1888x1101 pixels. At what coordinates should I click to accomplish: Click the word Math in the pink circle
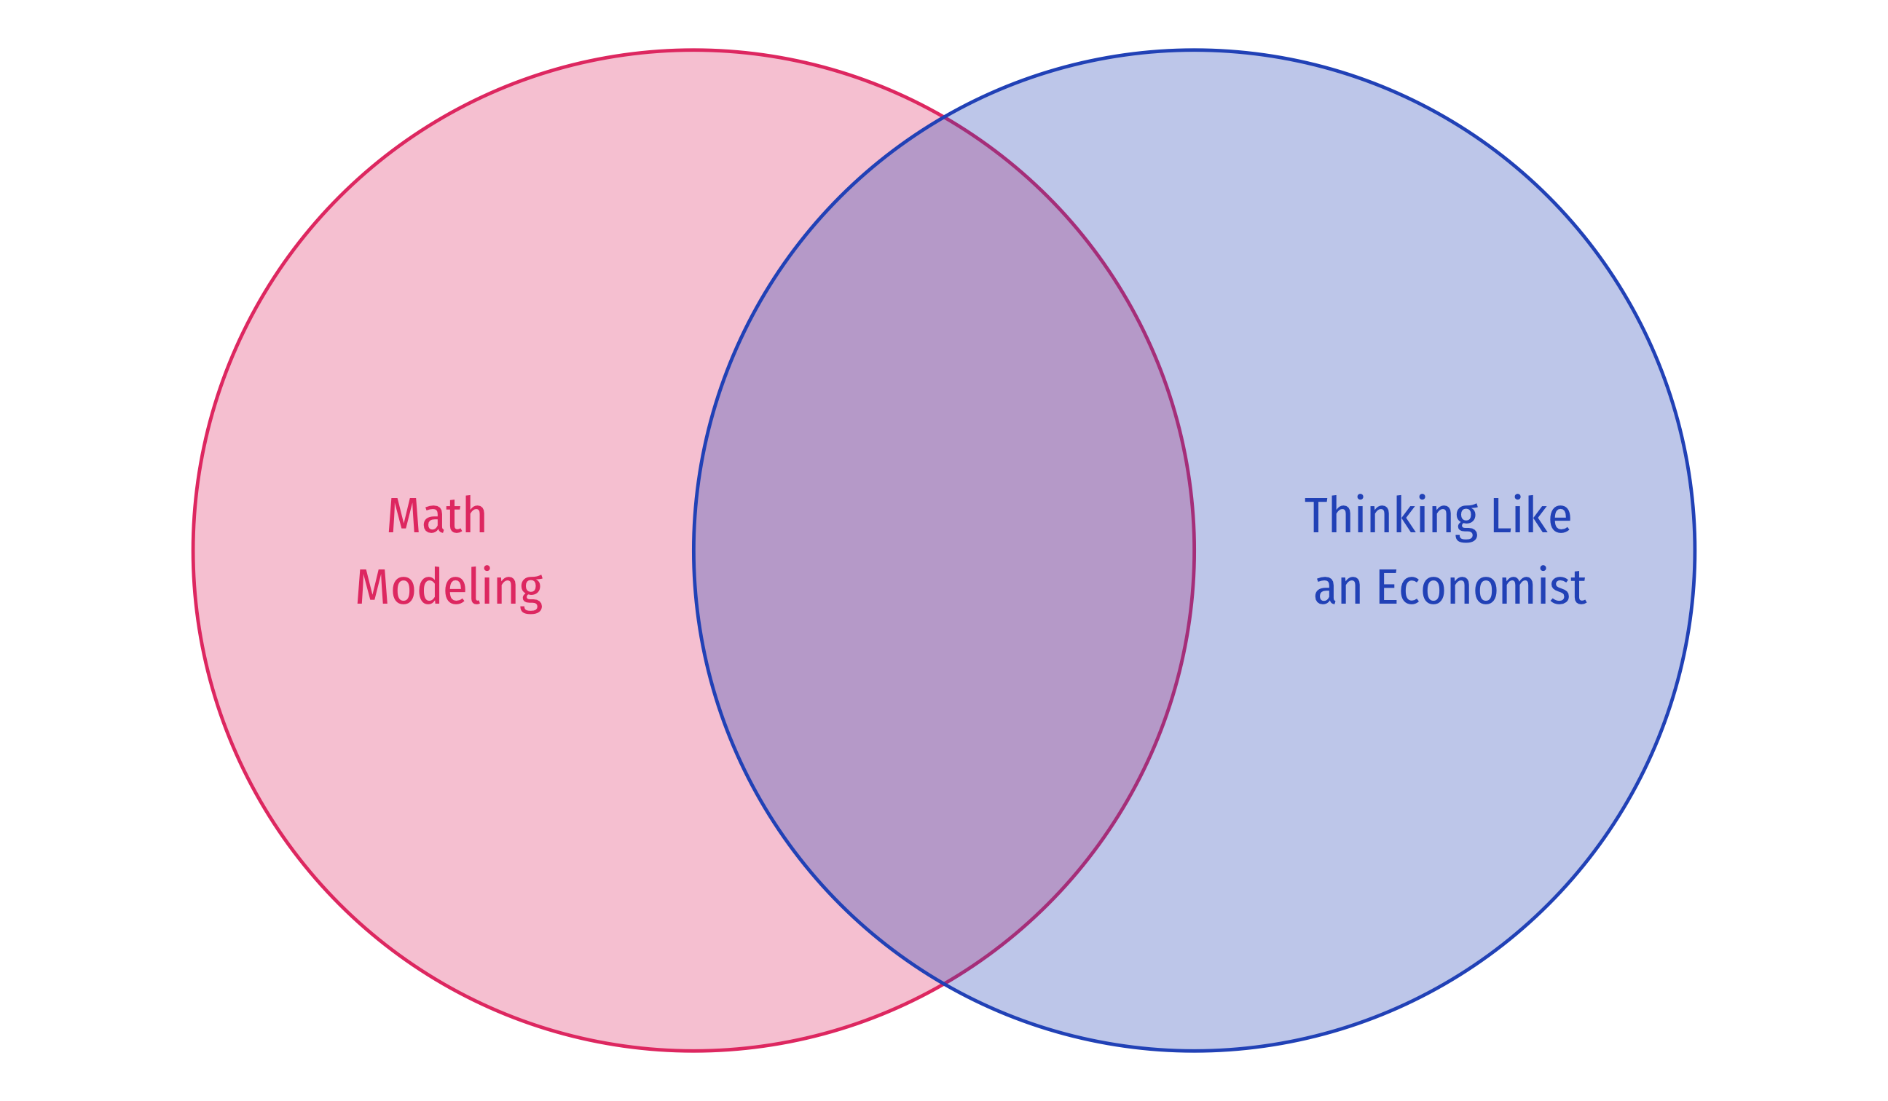click(437, 516)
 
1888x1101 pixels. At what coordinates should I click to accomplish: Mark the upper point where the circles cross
click(944, 117)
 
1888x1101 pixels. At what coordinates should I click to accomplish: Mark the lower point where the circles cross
click(944, 982)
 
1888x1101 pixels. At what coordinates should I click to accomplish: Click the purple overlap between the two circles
click(944, 550)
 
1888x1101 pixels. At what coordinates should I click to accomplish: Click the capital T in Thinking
click(1315, 516)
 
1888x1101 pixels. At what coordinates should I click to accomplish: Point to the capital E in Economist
click(1387, 587)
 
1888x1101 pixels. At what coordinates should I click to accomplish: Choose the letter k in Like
click(1541, 516)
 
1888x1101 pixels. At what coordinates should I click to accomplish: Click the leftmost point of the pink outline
click(193, 550)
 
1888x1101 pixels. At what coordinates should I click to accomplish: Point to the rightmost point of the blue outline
click(1695, 550)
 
